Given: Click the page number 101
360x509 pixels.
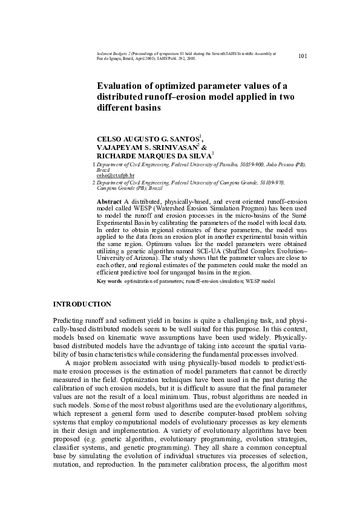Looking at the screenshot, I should point(304,56).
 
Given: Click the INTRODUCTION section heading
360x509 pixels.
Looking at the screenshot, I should point(82,303).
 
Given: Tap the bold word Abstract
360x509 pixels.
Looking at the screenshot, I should point(110,201).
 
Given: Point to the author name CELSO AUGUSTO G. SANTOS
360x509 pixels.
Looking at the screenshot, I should point(148,138).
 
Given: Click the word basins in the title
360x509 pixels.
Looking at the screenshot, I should point(146,108).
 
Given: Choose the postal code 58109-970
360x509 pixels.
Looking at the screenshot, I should point(269,182).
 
